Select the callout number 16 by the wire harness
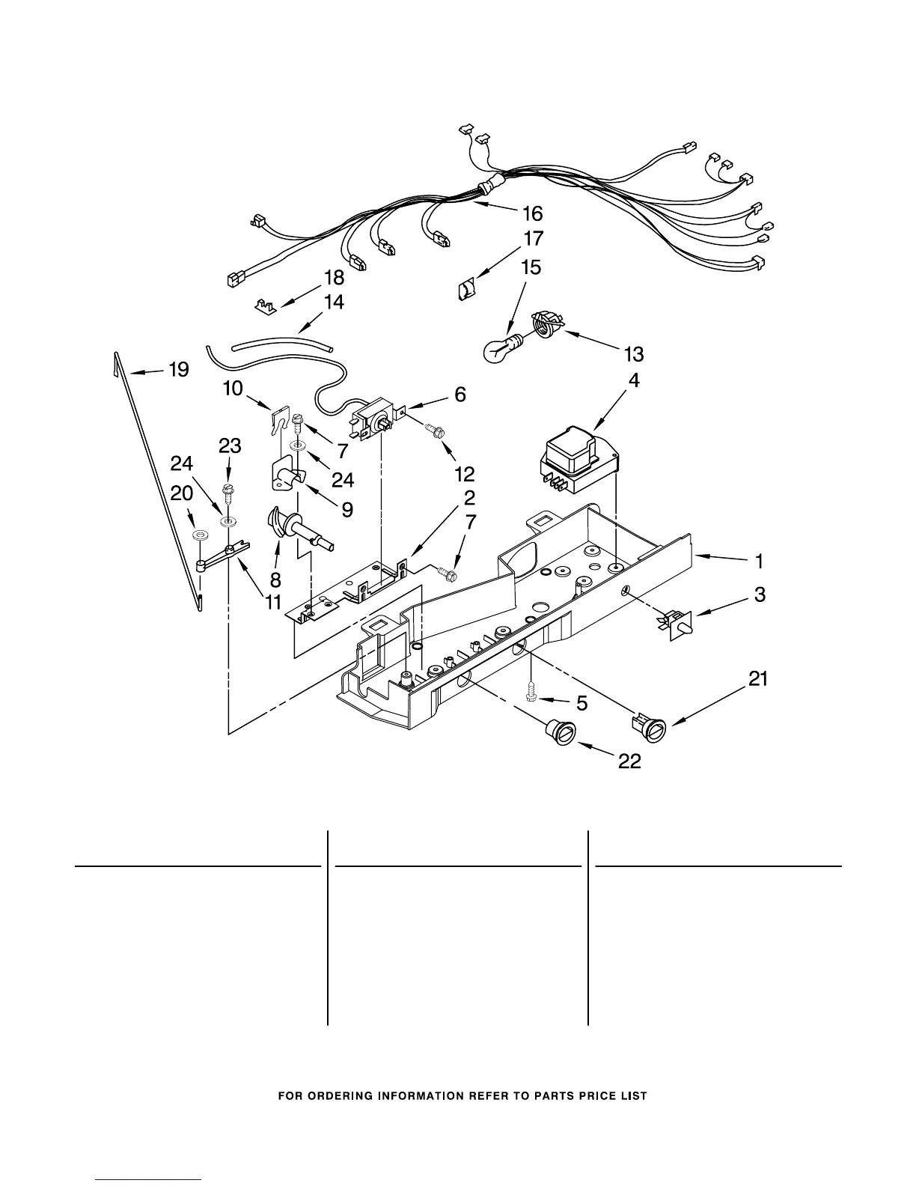pos(532,214)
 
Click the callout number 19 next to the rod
pos(178,369)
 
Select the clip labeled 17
pos(465,288)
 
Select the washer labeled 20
pos(198,535)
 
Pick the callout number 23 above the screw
pos(230,446)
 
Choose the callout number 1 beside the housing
pos(759,561)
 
